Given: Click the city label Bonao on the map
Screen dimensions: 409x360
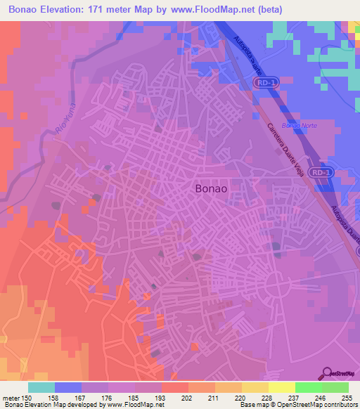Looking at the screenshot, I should pos(211,189).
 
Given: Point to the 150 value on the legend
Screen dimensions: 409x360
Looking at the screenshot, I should pos(27,398).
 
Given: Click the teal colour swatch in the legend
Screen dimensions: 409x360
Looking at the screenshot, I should pos(41,387).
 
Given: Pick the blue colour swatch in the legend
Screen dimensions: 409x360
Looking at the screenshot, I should pos(68,387).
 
